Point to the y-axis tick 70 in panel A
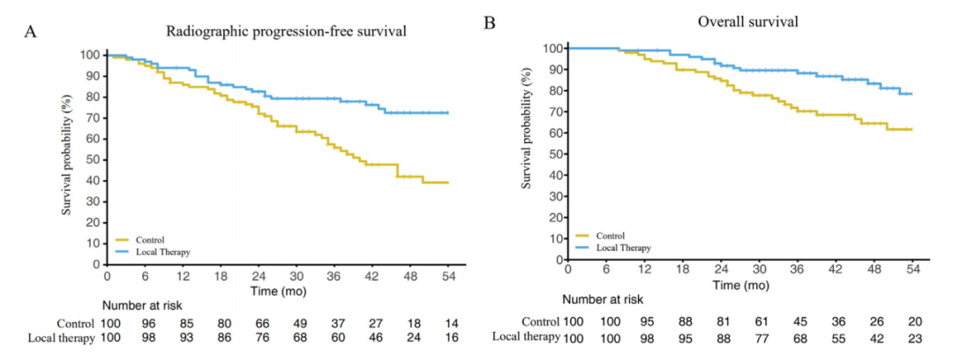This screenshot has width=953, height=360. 91,117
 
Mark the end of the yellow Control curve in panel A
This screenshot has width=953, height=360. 448,183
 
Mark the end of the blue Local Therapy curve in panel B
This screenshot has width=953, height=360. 911,94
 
